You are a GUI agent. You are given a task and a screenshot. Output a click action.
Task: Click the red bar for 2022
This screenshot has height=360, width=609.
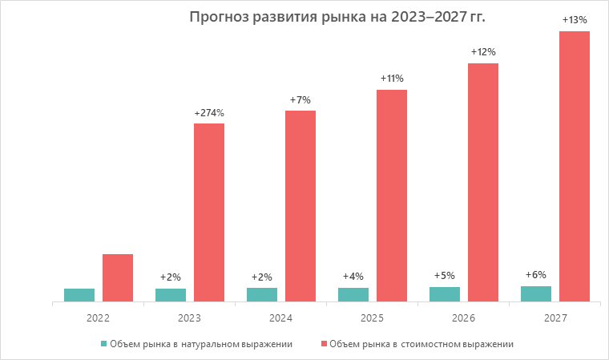click(x=118, y=278)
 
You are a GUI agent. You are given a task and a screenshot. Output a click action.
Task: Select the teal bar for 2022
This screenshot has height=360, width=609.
click(x=79, y=295)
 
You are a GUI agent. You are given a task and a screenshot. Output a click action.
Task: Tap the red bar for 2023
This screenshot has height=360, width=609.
click(x=209, y=212)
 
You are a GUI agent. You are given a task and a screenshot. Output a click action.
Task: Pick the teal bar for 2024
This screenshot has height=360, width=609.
click(x=262, y=294)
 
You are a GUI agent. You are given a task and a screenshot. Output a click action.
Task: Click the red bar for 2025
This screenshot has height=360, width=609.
click(x=392, y=196)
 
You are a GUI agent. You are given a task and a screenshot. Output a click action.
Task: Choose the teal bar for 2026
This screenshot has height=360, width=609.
click(x=445, y=294)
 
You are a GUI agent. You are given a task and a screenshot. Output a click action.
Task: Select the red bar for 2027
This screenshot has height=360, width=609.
click(x=575, y=167)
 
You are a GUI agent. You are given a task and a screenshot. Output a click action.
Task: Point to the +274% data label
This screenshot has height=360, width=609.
click(x=209, y=113)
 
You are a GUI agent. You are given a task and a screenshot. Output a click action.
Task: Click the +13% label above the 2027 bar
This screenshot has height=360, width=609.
click(x=575, y=20)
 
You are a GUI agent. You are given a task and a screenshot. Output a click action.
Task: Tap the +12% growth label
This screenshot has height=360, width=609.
click(x=483, y=52)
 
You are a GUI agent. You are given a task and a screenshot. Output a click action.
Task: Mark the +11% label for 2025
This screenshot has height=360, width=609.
click(x=392, y=79)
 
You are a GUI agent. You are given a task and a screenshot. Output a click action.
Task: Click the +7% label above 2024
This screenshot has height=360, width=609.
click(x=300, y=99)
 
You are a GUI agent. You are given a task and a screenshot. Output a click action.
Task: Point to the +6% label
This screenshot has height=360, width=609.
click(x=536, y=274)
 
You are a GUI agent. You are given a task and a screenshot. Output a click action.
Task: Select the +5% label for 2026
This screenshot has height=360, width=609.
click(x=445, y=275)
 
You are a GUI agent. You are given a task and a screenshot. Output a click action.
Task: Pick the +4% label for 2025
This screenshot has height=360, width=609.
click(x=353, y=276)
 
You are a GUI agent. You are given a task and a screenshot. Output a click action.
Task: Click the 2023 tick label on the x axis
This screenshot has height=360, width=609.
click(x=189, y=318)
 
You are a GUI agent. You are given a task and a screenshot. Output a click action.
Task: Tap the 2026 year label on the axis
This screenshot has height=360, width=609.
click(x=463, y=318)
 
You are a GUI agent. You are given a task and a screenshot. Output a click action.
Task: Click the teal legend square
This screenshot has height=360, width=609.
click(x=103, y=344)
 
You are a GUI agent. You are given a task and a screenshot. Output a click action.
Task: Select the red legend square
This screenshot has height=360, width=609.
click(x=324, y=344)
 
